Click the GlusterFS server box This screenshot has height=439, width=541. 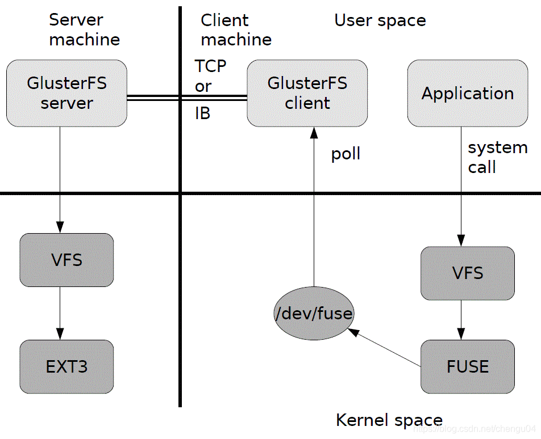point(66,93)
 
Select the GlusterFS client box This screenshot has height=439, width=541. point(307,93)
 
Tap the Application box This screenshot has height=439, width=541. point(468,93)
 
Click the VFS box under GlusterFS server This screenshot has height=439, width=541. point(66,260)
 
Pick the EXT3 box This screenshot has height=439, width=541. point(66,367)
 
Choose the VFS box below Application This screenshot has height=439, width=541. point(468,273)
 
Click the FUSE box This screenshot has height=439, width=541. point(468,367)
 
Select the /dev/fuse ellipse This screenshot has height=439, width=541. point(314,313)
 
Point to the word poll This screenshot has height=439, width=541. point(346,154)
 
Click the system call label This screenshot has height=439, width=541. point(498,157)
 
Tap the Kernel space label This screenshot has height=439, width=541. point(389,420)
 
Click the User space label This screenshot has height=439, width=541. point(380,20)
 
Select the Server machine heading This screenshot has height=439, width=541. point(85,29)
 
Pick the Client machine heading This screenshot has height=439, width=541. point(236,29)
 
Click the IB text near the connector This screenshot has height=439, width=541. point(202,113)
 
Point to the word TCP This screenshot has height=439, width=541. point(210,66)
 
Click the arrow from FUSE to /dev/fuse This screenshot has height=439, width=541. point(384,348)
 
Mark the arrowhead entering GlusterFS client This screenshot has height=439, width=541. point(314,133)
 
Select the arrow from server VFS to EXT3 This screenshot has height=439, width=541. point(60,313)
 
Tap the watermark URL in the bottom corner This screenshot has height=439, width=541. point(474,429)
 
